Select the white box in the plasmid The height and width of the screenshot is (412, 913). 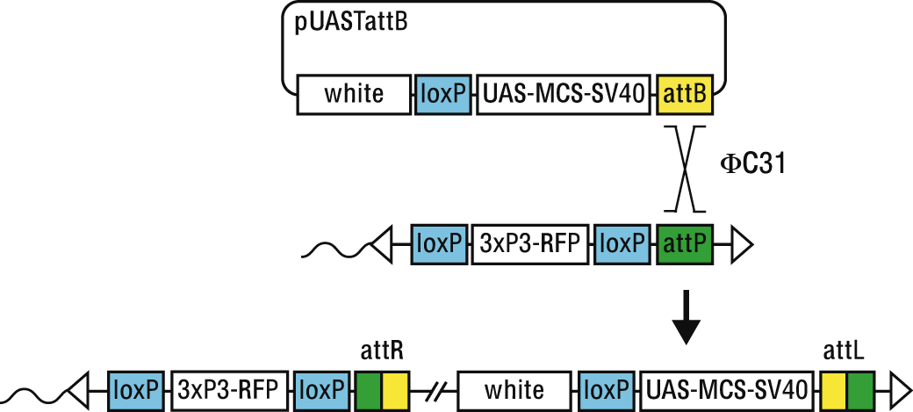click(354, 94)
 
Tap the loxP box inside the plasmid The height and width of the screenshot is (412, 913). click(443, 94)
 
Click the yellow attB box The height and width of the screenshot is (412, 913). click(684, 94)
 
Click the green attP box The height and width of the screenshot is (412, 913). click(684, 243)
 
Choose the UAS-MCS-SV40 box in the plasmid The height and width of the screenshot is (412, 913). click(565, 94)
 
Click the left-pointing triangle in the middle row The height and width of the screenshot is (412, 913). click(384, 243)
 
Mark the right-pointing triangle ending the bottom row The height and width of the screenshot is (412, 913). click(900, 388)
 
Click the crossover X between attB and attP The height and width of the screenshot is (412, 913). click(684, 168)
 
